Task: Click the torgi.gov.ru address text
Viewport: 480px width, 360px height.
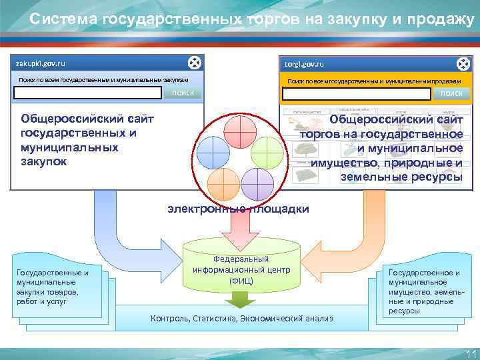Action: (x=304, y=65)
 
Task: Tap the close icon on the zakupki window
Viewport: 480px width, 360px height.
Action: (x=193, y=63)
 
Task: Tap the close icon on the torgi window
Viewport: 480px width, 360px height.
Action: (x=463, y=64)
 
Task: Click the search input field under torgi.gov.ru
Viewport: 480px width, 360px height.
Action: (x=356, y=94)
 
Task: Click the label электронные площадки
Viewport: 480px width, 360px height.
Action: (x=238, y=209)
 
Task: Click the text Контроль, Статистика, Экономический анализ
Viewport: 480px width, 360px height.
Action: (x=241, y=318)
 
